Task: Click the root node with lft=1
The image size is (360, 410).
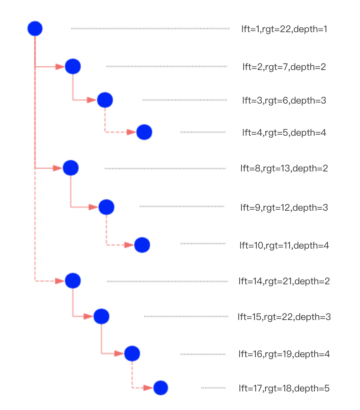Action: [x=35, y=29]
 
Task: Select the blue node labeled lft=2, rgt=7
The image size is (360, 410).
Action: [x=73, y=66]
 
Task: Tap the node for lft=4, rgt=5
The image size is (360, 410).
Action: [x=144, y=132]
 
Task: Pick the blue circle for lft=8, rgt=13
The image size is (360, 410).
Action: [x=71, y=168]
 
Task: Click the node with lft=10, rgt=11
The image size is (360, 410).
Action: [x=142, y=245]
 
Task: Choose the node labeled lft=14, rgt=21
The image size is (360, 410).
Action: [x=73, y=281]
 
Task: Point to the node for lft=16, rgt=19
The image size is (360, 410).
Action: [x=132, y=354]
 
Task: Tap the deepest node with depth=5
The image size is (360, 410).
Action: [x=161, y=388]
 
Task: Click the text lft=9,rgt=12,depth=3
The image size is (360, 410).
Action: [x=284, y=207]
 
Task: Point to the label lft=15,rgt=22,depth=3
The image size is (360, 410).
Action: [x=284, y=317]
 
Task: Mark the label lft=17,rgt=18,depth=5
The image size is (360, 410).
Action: [x=284, y=388]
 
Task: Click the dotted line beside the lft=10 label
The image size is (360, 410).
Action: [x=203, y=244]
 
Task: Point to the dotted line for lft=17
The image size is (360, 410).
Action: [x=213, y=388]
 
